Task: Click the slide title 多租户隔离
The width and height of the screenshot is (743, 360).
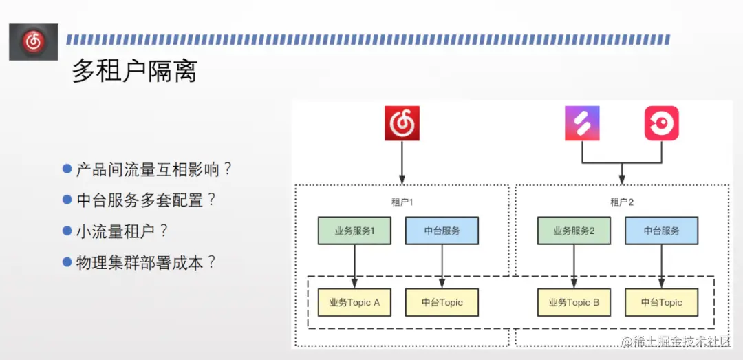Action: [135, 71]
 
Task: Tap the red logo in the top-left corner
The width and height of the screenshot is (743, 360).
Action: [33, 42]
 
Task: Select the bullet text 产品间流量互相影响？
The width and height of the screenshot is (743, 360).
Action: [154, 169]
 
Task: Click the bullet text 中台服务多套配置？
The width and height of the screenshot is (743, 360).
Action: [146, 200]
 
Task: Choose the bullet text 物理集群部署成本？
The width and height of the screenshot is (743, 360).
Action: [146, 262]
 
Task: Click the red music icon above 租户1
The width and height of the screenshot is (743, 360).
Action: [402, 124]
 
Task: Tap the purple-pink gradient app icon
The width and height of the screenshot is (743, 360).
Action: [582, 124]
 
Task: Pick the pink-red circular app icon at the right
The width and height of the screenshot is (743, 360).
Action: [661, 124]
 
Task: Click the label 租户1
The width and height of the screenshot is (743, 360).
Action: [402, 202]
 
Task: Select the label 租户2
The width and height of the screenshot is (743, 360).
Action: [621, 202]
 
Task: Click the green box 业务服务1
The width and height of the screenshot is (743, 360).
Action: [354, 231]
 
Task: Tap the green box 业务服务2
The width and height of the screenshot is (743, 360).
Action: [573, 231]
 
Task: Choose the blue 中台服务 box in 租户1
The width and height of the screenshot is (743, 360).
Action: [442, 231]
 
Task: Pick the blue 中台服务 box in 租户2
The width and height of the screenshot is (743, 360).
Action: [661, 231]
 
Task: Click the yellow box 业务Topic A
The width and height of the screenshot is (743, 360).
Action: [354, 302]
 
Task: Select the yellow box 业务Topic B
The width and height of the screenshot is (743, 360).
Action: [573, 302]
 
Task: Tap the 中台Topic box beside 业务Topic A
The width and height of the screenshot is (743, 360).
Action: [442, 302]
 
